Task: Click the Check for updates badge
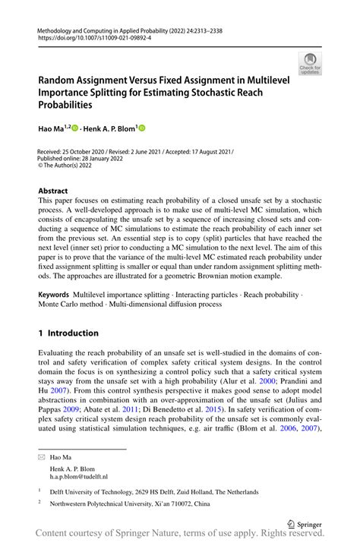coord(310,65)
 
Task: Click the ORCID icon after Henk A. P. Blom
coord(141,129)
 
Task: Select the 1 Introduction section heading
coord(68,333)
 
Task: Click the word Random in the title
coord(62,77)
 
